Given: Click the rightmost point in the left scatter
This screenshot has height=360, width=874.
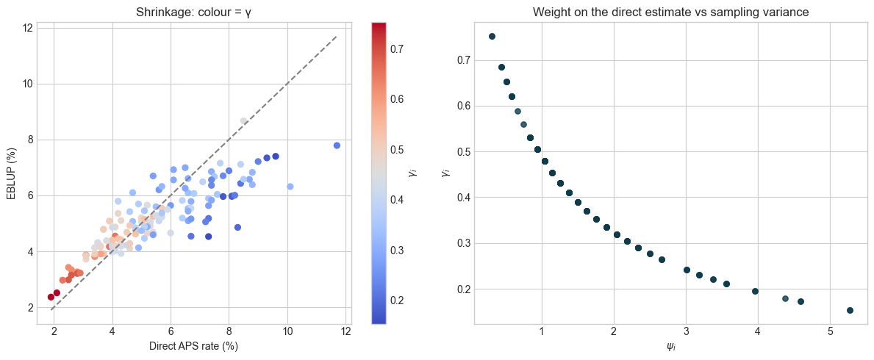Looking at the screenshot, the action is (337, 145).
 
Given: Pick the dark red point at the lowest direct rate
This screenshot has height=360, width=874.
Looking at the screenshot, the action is (51, 297).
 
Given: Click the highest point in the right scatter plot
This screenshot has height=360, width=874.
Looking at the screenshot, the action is (492, 36).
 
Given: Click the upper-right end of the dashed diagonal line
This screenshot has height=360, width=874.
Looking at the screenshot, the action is (337, 36).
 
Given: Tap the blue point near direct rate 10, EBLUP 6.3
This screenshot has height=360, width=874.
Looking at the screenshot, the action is (290, 187).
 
